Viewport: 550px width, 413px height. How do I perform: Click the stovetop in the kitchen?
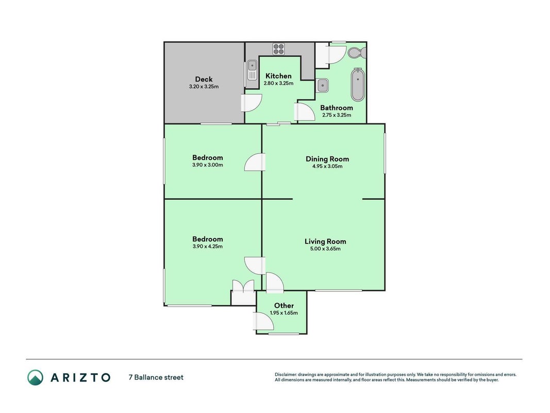279,49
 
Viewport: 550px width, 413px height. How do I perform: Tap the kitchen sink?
252,70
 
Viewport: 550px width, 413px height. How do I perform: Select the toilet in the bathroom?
357,53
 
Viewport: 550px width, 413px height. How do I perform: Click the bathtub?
358,85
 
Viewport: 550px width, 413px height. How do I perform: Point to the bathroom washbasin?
323,85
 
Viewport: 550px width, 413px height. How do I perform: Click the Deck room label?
204,80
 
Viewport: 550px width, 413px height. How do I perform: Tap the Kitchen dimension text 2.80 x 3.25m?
278,84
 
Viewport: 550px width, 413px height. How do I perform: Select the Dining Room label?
327,159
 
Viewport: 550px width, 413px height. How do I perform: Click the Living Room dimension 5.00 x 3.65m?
325,249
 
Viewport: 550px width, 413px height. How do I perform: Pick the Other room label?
284,306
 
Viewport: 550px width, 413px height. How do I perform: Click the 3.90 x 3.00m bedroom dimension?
208,165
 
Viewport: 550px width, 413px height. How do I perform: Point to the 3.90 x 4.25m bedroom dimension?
208,246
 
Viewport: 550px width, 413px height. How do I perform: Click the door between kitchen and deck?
252,103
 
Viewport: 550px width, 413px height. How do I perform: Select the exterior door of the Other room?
263,321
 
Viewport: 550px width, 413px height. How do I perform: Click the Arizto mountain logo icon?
36,377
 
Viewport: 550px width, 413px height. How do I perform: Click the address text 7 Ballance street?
156,377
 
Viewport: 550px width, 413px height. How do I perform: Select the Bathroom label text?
337,108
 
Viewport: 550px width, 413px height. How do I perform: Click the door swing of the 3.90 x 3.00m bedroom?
255,162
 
